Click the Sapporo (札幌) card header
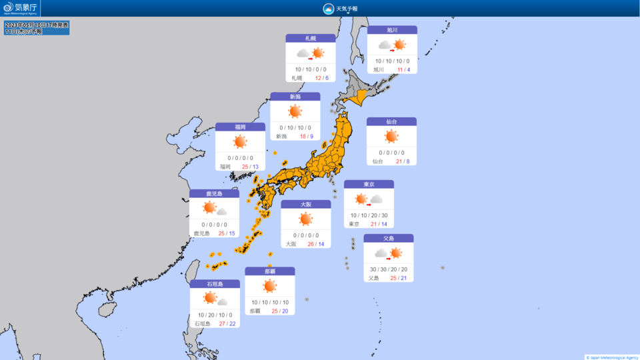pos(311,39)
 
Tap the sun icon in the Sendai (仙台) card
pos(391,137)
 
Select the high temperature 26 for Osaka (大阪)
pos(311,244)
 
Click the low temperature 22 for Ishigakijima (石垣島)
pos(232,323)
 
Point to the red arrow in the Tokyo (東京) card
pos(369,205)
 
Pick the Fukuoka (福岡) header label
pos(240,127)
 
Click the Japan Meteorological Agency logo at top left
pos(20,8)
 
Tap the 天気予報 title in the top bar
pos(347,9)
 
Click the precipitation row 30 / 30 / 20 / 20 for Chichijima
pos(388,269)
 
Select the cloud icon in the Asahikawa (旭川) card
pos(385,45)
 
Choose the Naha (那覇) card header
pos(269,271)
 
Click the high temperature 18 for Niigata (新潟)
pos(303,136)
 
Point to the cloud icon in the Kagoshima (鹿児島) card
pos(222,211)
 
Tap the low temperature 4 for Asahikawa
pos(409,69)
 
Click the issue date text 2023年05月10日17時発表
pos(36,25)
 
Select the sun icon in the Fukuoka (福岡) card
pos(240,141)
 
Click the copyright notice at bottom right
pos(611,357)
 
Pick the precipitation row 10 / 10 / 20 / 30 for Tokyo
pos(369,215)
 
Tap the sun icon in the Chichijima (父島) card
pos(396,253)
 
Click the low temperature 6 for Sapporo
pos(327,78)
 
